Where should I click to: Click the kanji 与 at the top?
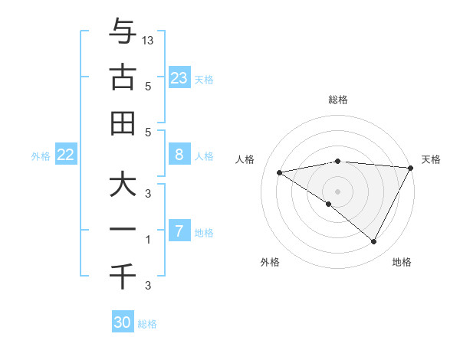(123, 31)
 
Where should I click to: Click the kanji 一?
(123, 231)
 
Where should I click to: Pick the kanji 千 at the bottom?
(123, 277)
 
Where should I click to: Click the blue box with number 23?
(179, 77)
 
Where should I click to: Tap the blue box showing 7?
(179, 231)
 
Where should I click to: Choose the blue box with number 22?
(65, 155)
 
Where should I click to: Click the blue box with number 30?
(123, 322)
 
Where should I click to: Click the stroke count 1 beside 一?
(149, 240)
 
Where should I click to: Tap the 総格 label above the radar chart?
(338, 100)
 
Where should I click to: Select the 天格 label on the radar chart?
(431, 159)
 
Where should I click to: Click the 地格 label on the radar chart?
(402, 262)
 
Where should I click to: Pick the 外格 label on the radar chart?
(270, 262)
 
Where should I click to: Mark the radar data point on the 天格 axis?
(411, 168)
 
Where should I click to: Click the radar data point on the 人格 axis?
(280, 172)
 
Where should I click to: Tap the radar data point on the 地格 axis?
(374, 242)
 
